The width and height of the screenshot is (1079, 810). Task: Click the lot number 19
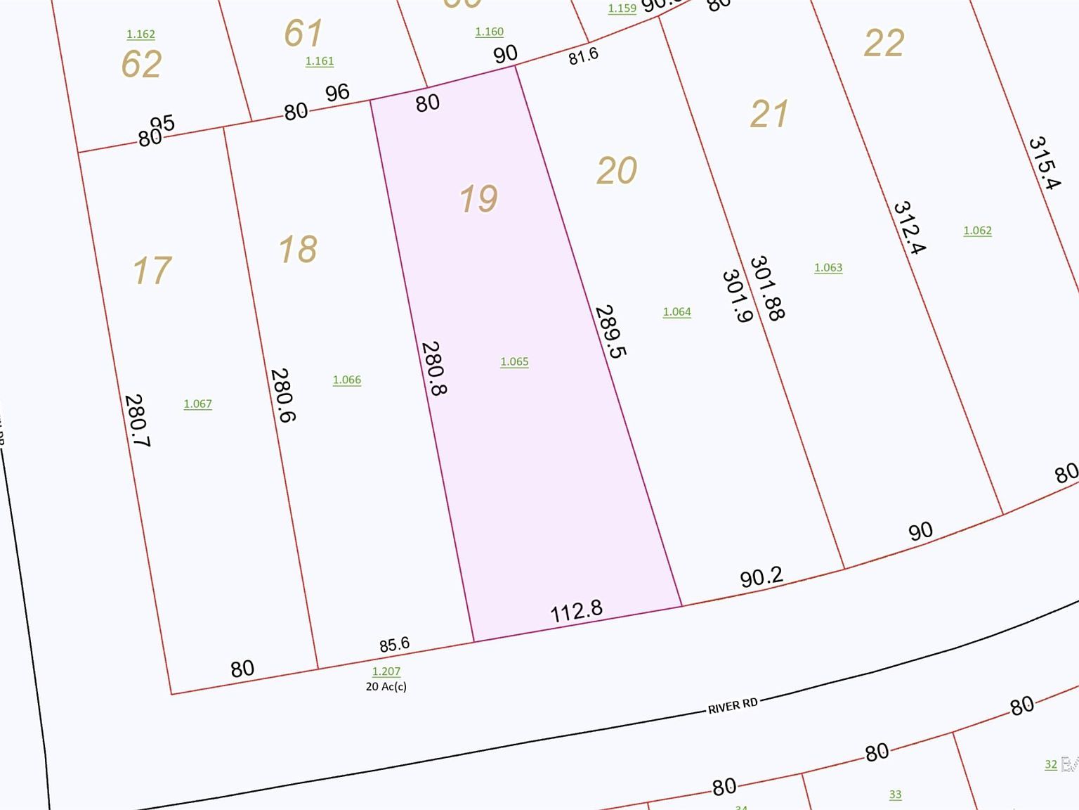478,198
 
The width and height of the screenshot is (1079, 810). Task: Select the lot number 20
617,171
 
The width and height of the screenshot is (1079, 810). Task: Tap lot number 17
152,271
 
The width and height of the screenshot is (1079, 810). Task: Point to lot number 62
142,64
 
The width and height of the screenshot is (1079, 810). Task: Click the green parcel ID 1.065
514,361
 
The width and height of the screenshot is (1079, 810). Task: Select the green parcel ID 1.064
676,311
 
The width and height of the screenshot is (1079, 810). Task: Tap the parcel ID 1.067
197,404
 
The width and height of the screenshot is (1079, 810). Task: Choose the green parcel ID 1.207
386,671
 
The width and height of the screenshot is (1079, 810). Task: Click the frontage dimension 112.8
576,610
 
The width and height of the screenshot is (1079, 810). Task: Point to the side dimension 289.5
609,331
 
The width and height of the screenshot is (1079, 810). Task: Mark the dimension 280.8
433,368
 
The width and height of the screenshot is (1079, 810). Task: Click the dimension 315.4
1044,163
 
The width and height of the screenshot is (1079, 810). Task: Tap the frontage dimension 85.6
394,644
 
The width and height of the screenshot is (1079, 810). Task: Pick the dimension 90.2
761,577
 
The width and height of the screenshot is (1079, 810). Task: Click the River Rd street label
733,705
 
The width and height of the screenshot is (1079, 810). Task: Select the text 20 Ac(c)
386,686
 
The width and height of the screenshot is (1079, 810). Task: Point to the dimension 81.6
583,56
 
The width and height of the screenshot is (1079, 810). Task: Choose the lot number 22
884,44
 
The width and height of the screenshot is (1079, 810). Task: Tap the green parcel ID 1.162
140,34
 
